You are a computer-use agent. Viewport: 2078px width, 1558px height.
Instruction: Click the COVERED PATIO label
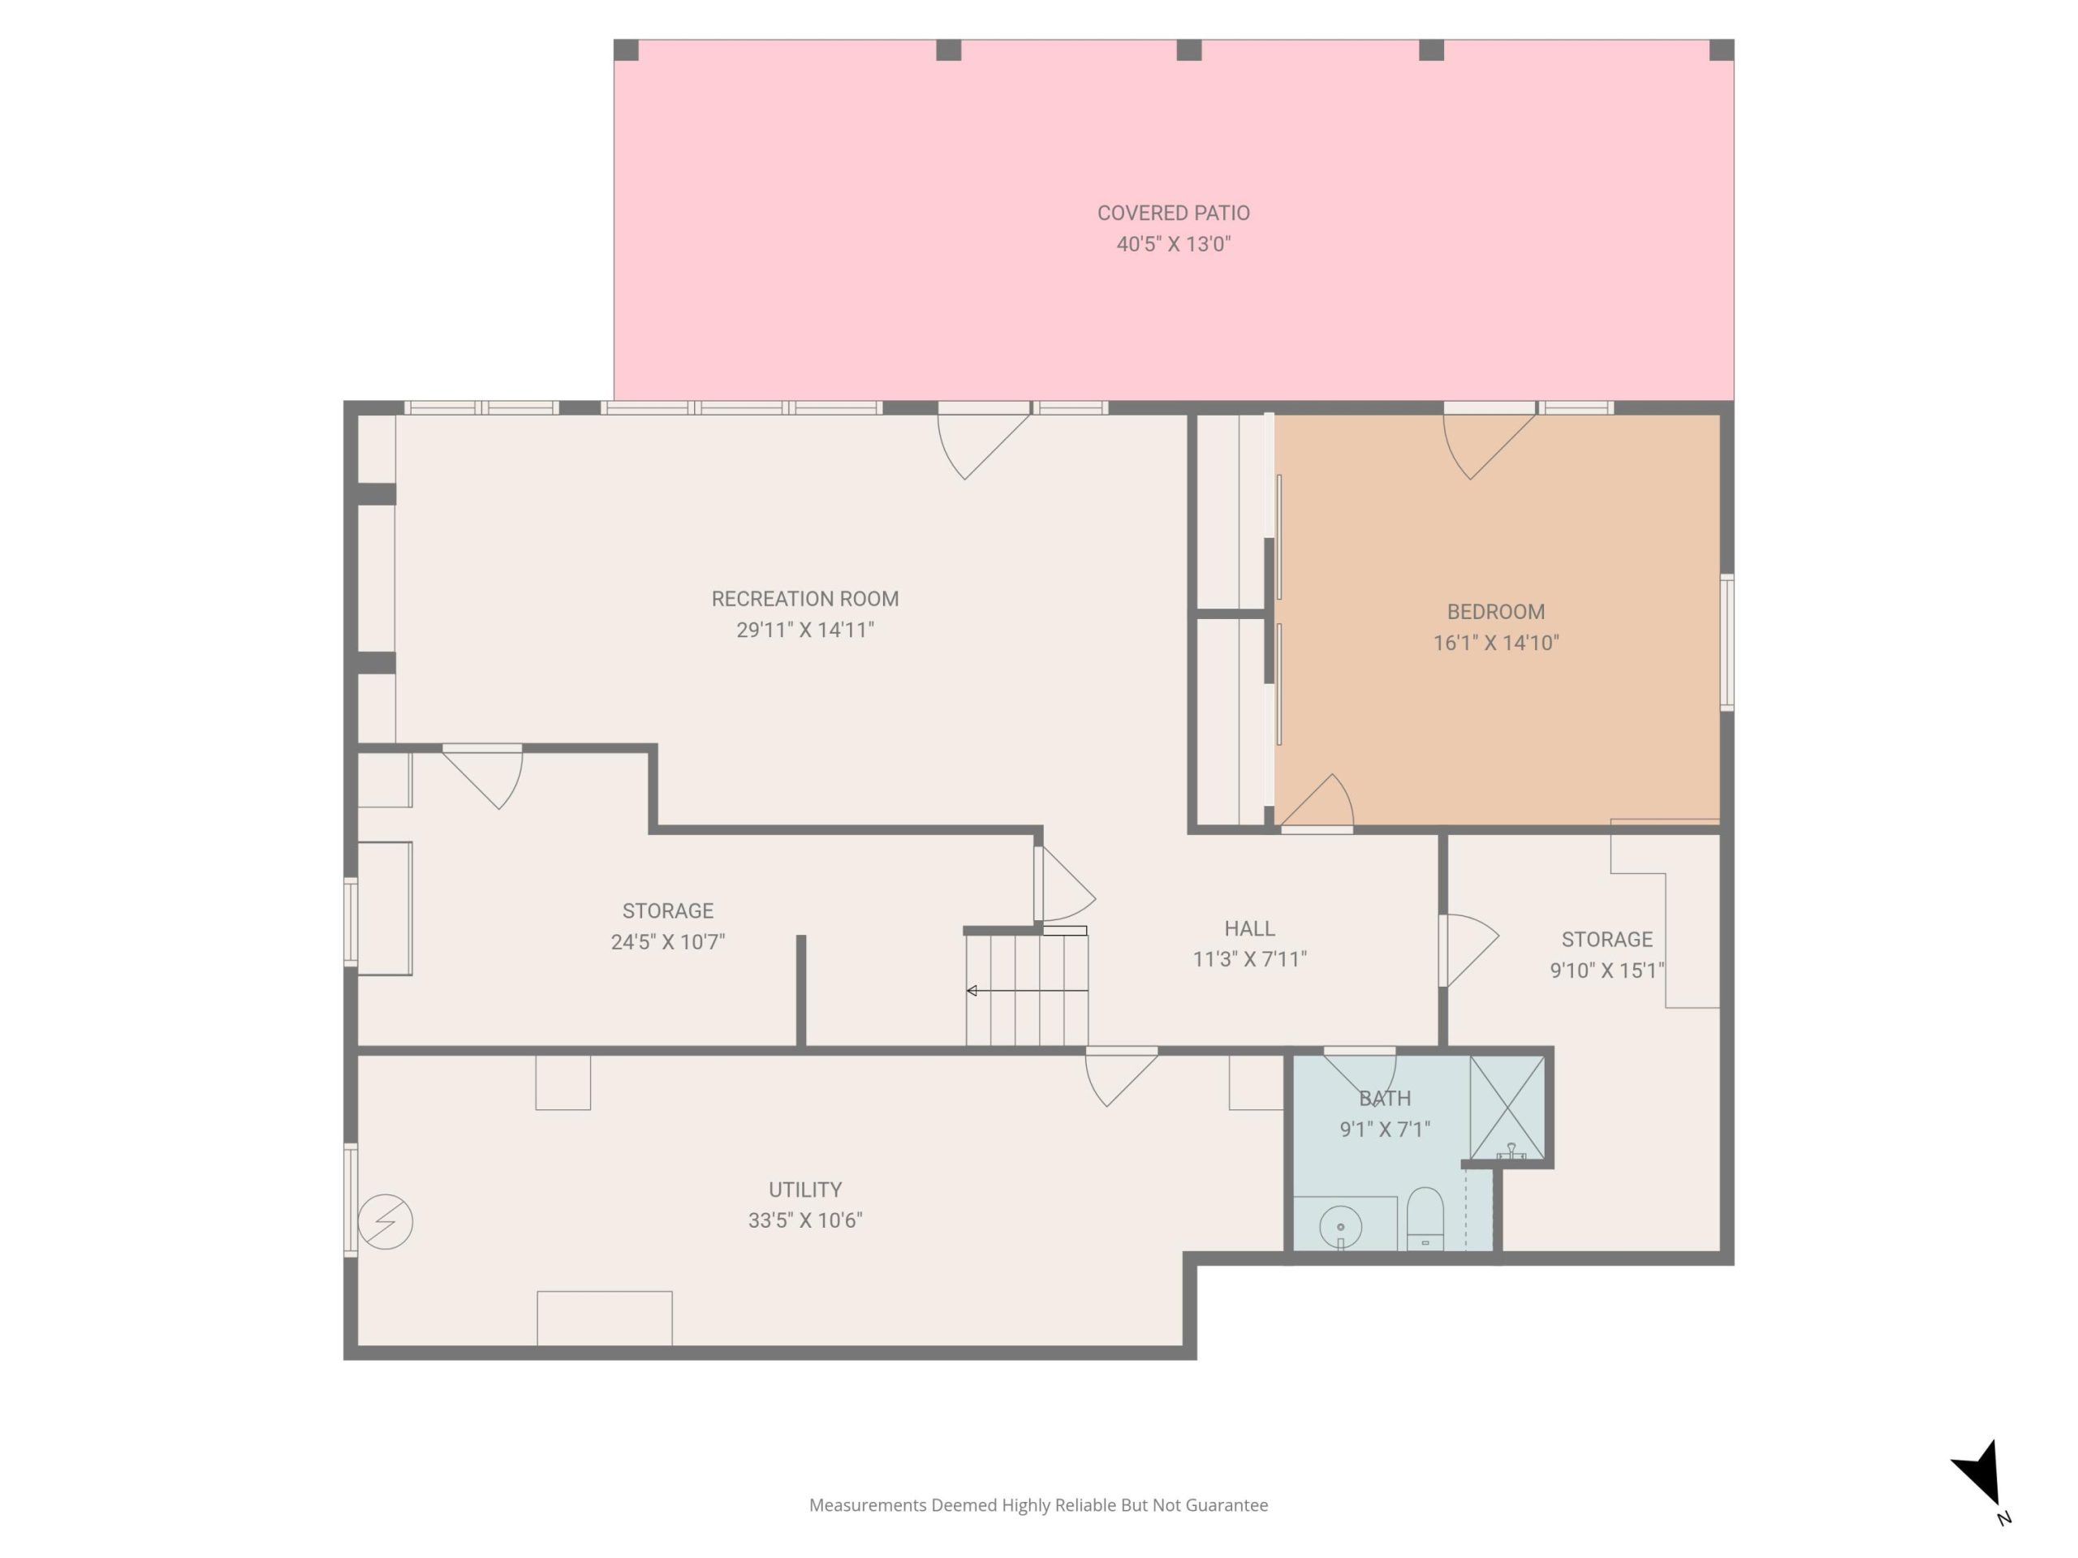(x=1173, y=213)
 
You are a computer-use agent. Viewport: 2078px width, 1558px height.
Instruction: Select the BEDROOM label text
(x=1495, y=613)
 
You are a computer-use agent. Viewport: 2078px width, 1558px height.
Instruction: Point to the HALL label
(x=1249, y=929)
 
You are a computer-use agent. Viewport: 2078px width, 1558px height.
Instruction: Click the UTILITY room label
(x=805, y=1190)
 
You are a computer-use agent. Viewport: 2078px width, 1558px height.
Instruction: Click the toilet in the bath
(x=1425, y=1219)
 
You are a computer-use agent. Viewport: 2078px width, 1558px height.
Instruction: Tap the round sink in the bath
(x=1341, y=1226)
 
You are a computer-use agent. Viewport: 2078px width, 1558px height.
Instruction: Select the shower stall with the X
(x=1507, y=1108)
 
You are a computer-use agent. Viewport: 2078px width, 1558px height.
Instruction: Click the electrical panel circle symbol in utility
(x=386, y=1222)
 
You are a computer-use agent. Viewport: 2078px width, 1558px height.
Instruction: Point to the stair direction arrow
(x=1027, y=991)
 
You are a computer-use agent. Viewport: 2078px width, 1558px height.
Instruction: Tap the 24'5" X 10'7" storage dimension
(x=668, y=942)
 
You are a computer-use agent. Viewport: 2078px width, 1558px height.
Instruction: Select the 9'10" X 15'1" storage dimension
(x=1606, y=971)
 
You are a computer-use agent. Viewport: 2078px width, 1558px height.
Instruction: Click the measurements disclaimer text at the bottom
(x=1038, y=1505)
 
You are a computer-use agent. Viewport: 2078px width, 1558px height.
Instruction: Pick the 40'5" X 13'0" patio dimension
(x=1173, y=244)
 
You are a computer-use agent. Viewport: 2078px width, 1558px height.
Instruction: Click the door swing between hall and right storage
(x=1468, y=950)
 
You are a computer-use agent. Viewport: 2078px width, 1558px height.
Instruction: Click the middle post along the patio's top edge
(x=1189, y=49)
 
